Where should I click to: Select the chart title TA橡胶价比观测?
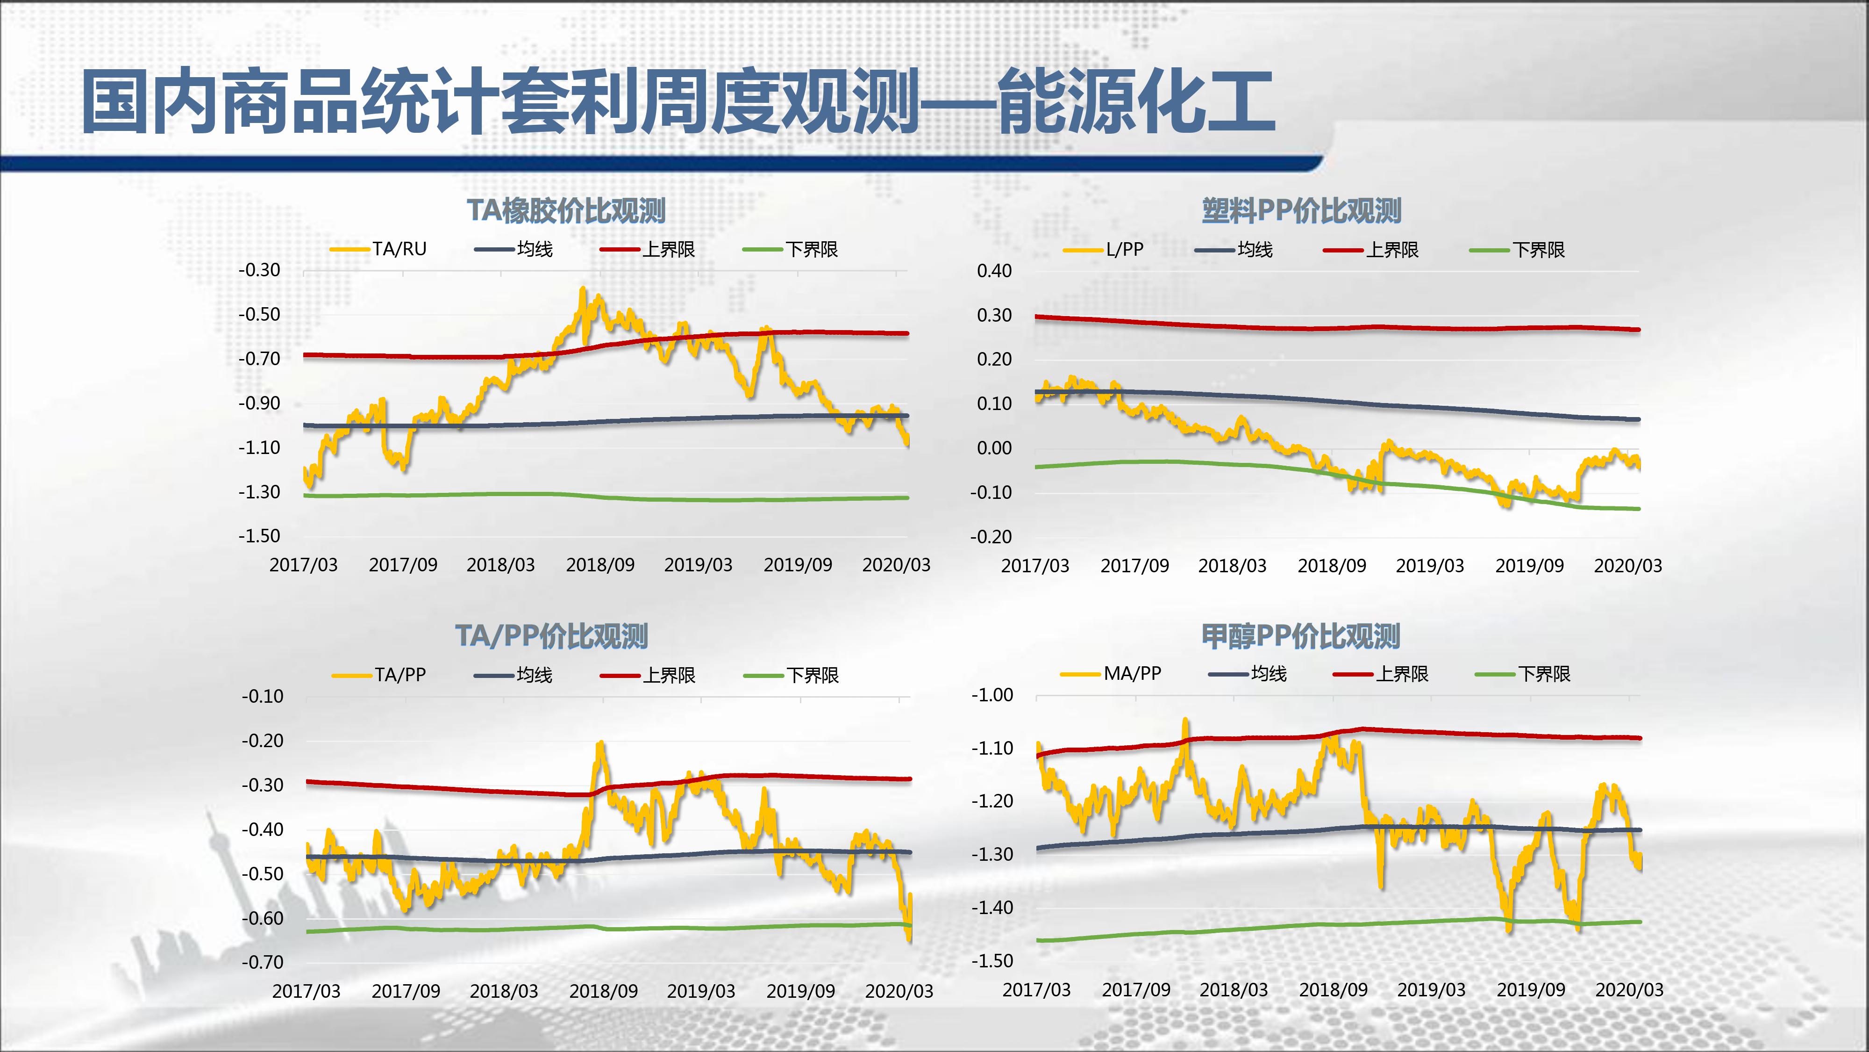pyautogui.click(x=566, y=210)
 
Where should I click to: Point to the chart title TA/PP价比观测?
pyautogui.click(x=551, y=636)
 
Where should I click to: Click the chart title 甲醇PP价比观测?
pyautogui.click(x=1301, y=636)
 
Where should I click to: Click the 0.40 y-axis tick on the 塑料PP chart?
pyautogui.click(x=994, y=271)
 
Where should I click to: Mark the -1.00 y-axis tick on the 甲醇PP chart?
pyautogui.click(x=992, y=695)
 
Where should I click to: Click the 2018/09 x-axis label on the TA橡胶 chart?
pyautogui.click(x=600, y=565)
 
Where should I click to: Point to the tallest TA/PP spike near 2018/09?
pyautogui.click(x=600, y=743)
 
